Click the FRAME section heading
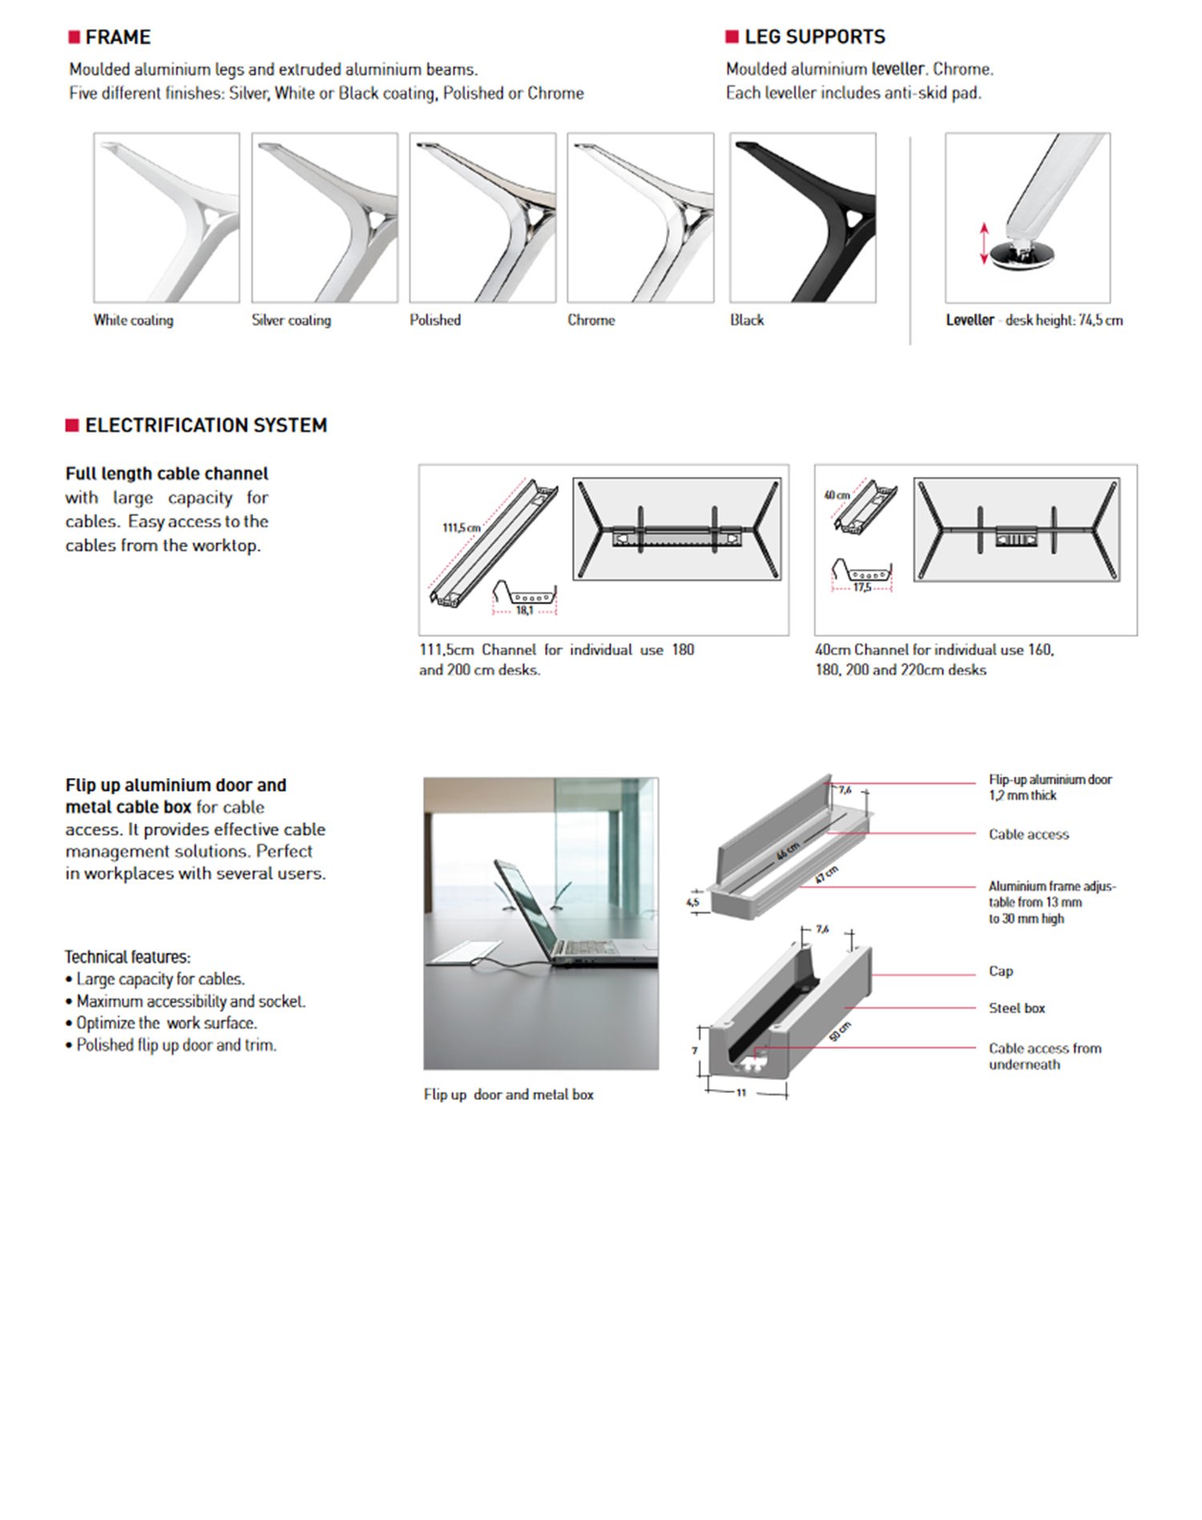click(117, 37)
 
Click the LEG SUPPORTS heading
click(814, 37)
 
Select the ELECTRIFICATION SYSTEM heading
click(205, 425)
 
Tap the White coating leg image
click(167, 218)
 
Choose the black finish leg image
click(802, 218)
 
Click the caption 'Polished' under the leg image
click(435, 320)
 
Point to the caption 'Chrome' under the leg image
click(591, 320)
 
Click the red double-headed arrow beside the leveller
click(985, 244)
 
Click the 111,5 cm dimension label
click(462, 527)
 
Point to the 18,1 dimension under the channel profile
click(524, 611)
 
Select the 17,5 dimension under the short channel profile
click(862, 587)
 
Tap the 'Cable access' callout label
click(1028, 834)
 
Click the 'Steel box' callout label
click(1016, 1008)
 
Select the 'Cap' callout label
click(1000, 971)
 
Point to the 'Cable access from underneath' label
click(1044, 1056)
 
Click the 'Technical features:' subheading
click(127, 957)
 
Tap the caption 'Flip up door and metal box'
click(508, 1095)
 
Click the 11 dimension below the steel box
click(741, 1092)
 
